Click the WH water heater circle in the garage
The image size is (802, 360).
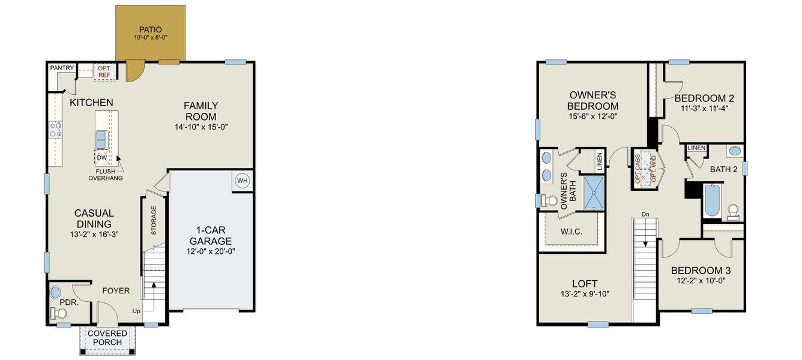tap(243, 180)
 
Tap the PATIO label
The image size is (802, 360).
tap(150, 29)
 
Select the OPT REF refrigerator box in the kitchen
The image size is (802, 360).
tap(104, 71)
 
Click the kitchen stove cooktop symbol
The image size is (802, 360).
tap(56, 129)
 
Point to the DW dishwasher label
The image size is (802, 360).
tap(101, 158)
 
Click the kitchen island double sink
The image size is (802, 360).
tap(101, 139)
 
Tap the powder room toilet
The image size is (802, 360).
tap(59, 313)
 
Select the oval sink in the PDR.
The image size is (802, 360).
tap(55, 293)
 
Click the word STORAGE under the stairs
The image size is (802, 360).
tap(154, 220)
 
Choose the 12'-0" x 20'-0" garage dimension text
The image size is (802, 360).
tap(210, 252)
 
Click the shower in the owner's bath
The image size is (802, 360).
tap(593, 192)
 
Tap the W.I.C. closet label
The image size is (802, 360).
tap(571, 231)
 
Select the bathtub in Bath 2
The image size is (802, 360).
tap(711, 201)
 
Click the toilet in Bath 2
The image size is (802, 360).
tap(733, 211)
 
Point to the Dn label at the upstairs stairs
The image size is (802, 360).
tap(645, 214)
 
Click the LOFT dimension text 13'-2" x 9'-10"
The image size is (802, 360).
tap(585, 294)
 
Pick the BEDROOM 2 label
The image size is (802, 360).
tap(704, 98)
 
